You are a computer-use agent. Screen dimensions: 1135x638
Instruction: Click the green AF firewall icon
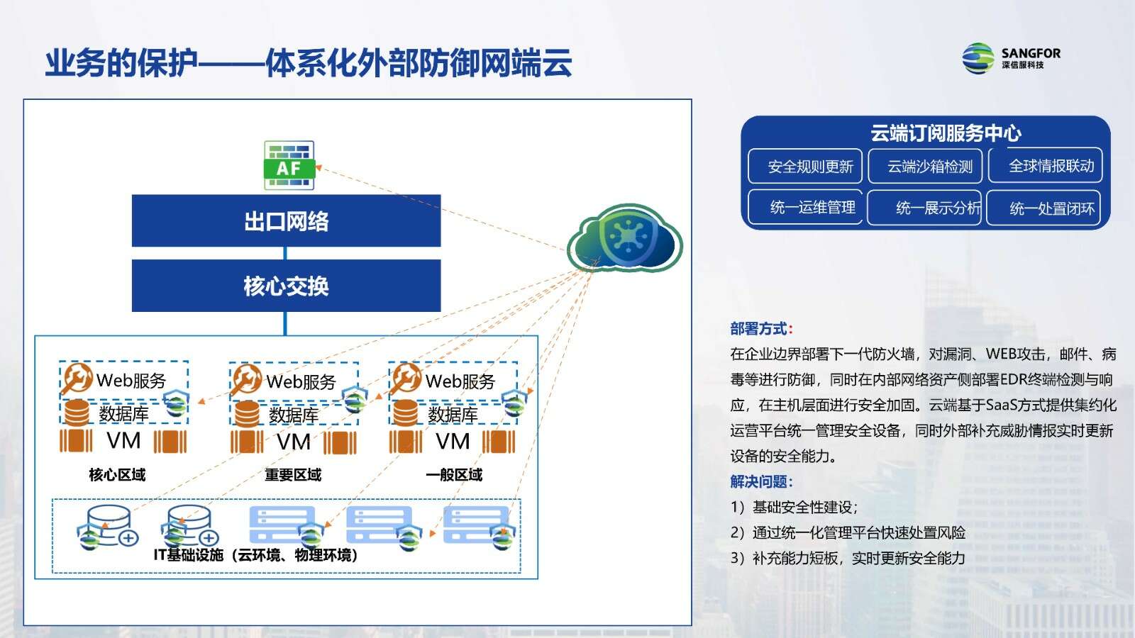(289, 165)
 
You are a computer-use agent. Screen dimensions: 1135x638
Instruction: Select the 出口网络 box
(287, 220)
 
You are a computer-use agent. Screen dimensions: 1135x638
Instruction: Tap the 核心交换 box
(287, 286)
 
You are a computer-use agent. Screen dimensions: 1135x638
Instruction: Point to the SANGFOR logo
(1011, 58)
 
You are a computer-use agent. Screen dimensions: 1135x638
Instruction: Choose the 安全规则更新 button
(805, 166)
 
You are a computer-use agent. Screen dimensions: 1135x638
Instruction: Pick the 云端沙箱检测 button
(925, 166)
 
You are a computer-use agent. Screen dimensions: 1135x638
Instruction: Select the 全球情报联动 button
(1046, 165)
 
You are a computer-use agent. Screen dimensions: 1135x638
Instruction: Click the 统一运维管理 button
(805, 207)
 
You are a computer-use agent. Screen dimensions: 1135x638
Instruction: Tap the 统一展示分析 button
(924, 208)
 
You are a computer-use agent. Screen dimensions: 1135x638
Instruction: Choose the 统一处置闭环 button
(1043, 208)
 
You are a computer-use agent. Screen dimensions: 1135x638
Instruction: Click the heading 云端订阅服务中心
(946, 133)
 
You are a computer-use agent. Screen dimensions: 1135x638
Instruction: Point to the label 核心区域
(117, 475)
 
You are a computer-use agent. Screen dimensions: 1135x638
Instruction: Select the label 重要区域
(293, 475)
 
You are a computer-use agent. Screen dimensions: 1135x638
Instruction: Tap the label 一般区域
(454, 475)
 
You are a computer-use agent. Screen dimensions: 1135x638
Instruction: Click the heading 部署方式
(761, 329)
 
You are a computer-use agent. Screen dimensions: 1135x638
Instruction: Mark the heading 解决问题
(761, 481)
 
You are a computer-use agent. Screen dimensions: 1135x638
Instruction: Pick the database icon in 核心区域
(77, 413)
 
